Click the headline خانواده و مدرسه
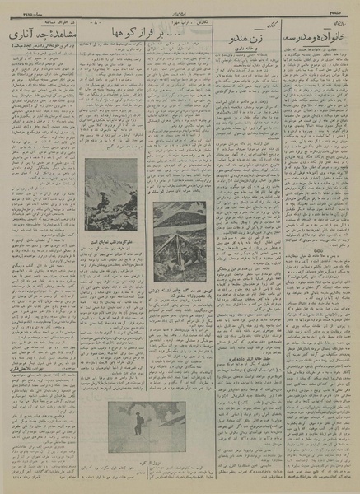pos(317,39)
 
